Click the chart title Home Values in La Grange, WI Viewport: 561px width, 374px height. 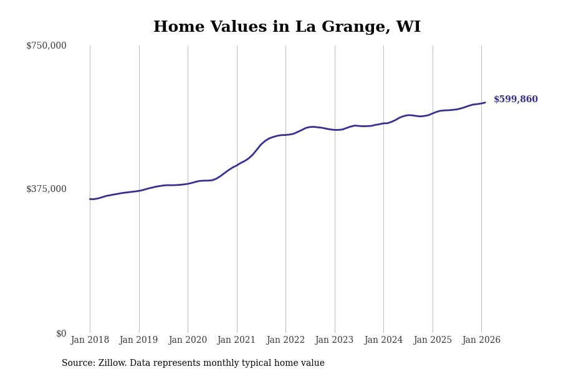[x=287, y=27]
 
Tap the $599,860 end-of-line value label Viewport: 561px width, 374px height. [x=515, y=100]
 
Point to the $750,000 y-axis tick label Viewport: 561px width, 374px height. [x=46, y=46]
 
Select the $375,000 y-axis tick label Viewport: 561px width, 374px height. [x=46, y=189]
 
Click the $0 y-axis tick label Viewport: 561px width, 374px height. [x=61, y=333]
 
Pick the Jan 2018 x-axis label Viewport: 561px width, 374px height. [x=90, y=340]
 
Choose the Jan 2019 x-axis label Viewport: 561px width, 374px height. [x=138, y=340]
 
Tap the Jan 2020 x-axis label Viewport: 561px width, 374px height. [x=188, y=340]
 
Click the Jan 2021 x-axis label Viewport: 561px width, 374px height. [x=236, y=340]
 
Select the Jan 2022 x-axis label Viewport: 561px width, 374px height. [x=285, y=340]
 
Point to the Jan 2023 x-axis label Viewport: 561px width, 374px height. [x=334, y=340]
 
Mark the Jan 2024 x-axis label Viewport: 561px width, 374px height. [x=383, y=340]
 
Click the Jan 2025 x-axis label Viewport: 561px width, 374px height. [x=432, y=340]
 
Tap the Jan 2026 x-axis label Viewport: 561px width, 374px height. [x=481, y=340]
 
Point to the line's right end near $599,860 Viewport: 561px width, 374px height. [x=485, y=102]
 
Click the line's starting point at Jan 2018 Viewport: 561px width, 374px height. [x=90, y=199]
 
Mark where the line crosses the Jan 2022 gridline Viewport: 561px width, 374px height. [x=285, y=135]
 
